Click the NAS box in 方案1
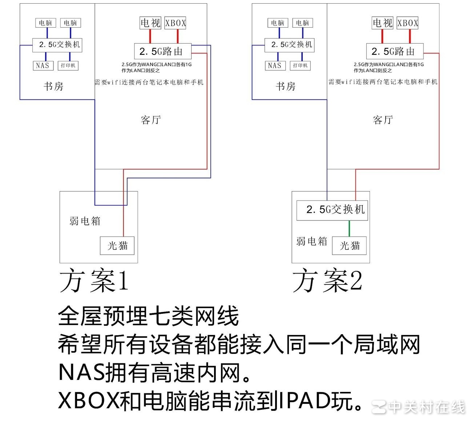(43, 65)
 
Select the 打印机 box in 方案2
(300, 65)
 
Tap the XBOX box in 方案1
(176, 23)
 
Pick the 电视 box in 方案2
(383, 23)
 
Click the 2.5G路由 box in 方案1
(162, 51)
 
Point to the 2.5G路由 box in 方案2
(395, 51)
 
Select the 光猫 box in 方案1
(117, 246)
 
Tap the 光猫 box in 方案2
(350, 246)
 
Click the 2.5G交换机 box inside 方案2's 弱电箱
(332, 210)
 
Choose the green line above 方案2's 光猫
(349, 228)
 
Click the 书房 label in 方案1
(53, 86)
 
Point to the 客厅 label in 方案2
(383, 120)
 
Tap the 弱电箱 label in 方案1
(85, 221)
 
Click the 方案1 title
(94, 281)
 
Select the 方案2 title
(327, 281)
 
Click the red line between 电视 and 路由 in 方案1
(150, 36)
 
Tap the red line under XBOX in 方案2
(410, 36)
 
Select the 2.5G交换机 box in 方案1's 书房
(57, 45)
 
